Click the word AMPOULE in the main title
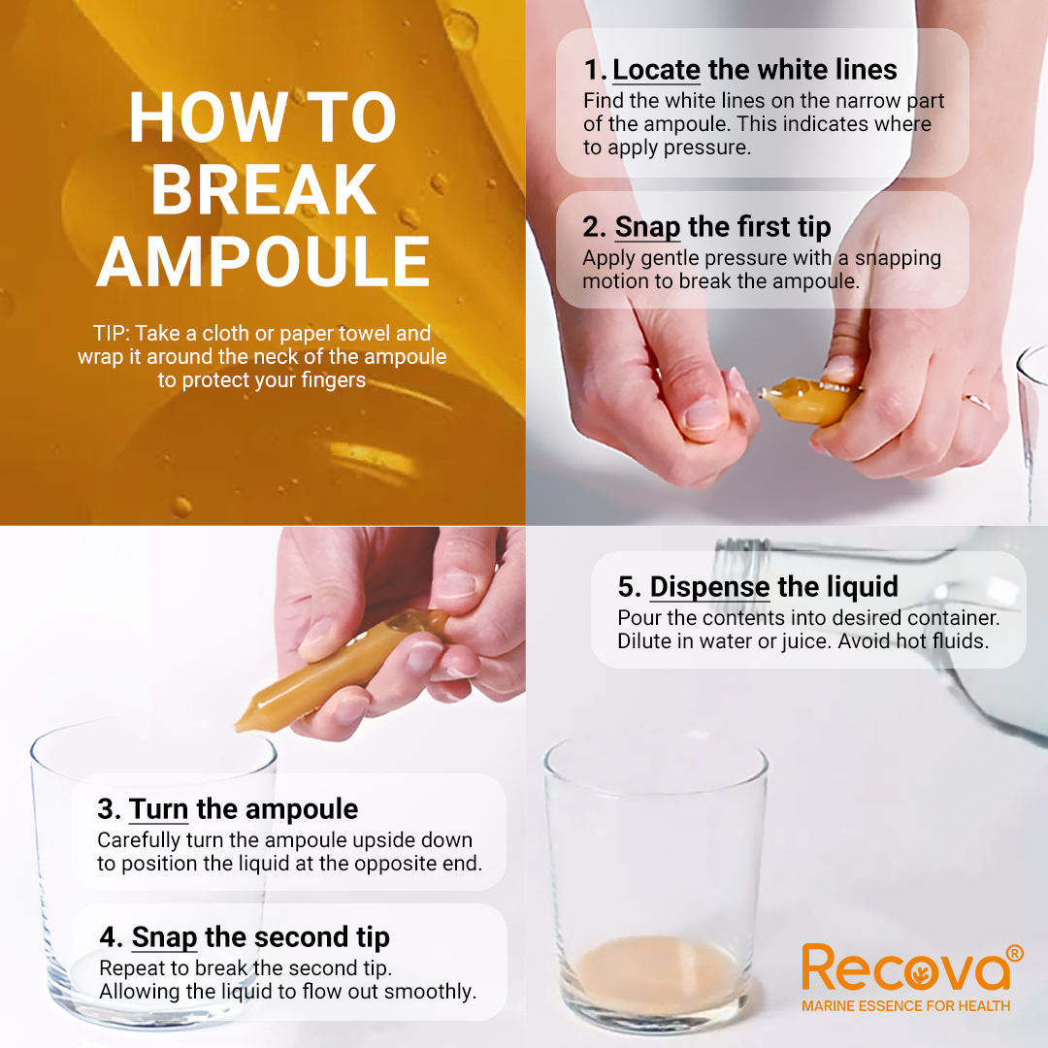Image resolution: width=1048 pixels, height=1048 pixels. click(x=263, y=261)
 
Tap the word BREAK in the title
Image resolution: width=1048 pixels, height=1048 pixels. click(x=264, y=190)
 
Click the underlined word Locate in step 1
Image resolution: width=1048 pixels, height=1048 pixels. click(x=656, y=70)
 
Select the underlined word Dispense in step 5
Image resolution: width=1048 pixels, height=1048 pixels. click(x=709, y=587)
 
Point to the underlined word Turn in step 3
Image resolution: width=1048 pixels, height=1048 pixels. click(x=159, y=808)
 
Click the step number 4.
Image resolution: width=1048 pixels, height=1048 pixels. click(x=111, y=937)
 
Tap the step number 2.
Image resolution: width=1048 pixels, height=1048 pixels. click(x=594, y=227)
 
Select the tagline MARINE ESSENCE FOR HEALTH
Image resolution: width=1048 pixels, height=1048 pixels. click(x=905, y=1006)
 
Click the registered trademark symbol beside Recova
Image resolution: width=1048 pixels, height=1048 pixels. click(x=1014, y=953)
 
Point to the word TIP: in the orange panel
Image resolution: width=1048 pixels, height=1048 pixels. click(x=111, y=333)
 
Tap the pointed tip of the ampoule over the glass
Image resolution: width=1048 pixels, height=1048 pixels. click(x=239, y=727)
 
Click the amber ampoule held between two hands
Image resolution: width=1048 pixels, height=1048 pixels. click(x=808, y=399)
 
